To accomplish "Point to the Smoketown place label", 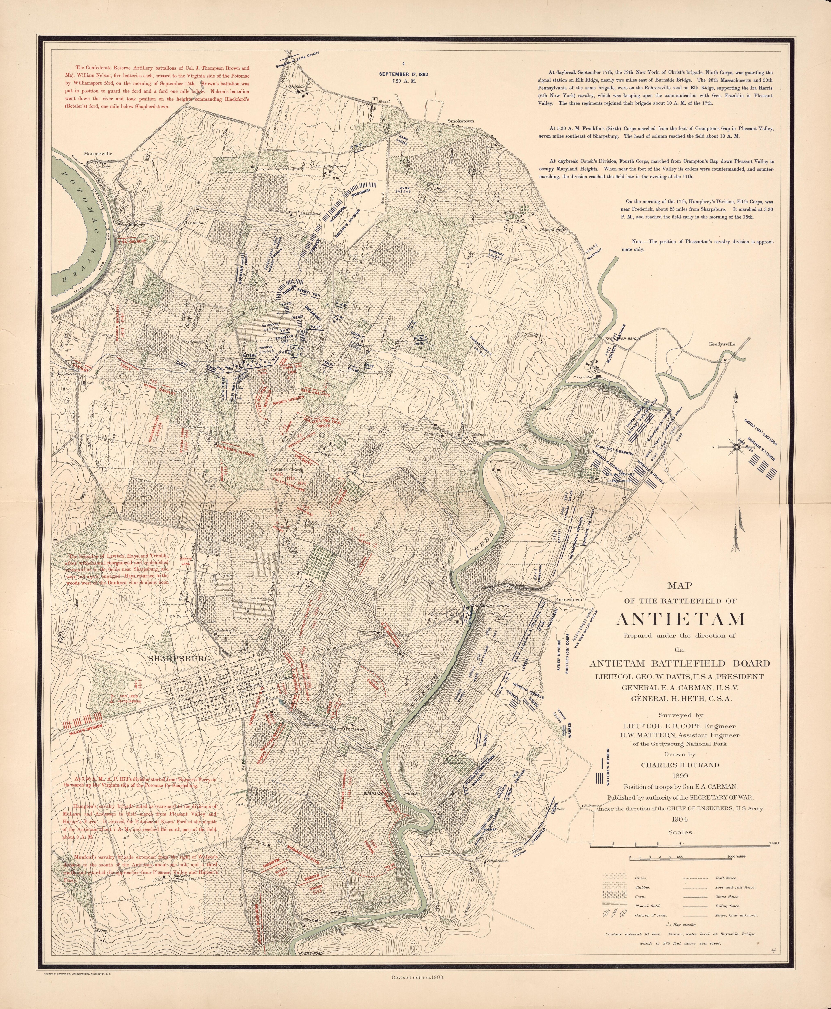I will tap(461, 122).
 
